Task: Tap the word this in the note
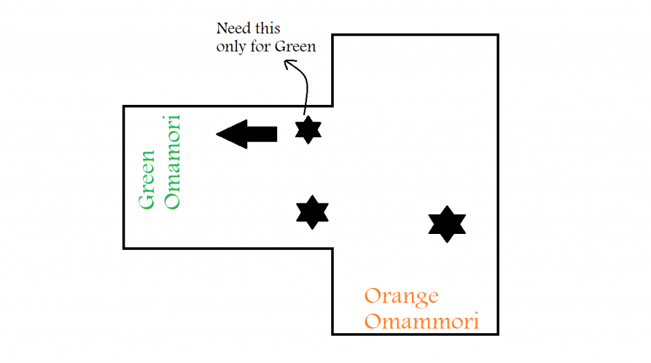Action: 266,29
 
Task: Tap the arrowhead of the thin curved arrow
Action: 287,62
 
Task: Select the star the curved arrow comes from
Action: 308,130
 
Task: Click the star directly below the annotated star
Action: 312,212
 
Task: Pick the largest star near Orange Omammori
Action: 447,224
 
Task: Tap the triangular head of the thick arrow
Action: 231,134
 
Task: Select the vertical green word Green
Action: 147,179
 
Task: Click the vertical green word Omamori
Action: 172,161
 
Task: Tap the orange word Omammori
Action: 421,320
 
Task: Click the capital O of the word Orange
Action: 373,296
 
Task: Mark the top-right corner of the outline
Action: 498,34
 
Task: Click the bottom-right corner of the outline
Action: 498,334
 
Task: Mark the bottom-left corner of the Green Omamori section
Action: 124,248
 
